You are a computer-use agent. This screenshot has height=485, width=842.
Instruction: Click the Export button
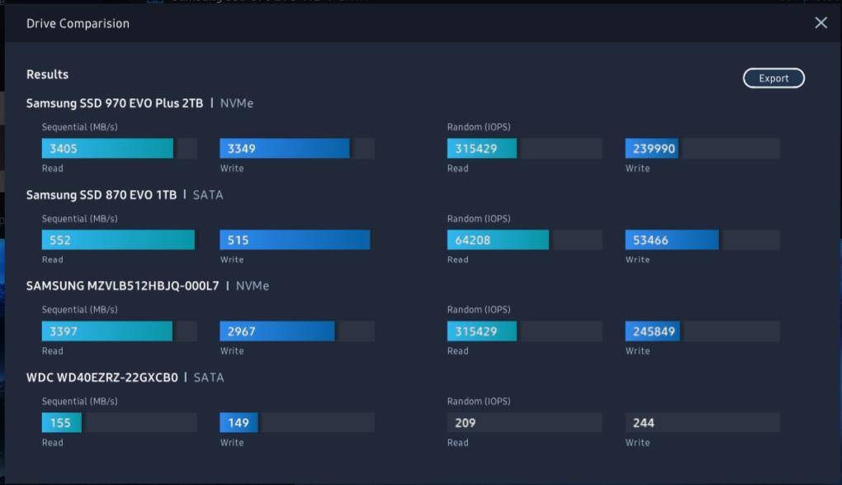773,78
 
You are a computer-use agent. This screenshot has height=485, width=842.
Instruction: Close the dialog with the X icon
821,23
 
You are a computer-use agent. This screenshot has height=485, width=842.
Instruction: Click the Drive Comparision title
78,24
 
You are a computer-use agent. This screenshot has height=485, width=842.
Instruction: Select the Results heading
47,74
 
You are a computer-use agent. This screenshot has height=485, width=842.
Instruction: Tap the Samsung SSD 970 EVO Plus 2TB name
115,103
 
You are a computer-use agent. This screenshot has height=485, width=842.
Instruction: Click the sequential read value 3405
64,149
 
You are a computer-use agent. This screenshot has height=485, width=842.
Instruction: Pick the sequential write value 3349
241,149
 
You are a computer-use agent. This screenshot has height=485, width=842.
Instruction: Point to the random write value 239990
654,149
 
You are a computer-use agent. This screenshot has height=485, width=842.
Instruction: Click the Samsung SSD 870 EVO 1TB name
102,195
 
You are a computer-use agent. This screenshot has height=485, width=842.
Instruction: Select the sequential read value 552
60,240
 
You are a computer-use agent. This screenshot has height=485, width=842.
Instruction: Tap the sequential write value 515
238,240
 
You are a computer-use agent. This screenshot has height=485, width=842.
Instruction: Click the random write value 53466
650,240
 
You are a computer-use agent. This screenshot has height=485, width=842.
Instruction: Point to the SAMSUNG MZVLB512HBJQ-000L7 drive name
123,286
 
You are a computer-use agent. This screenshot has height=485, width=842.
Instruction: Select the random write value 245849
654,331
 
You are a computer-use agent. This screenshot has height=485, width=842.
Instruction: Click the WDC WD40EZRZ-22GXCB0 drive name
102,378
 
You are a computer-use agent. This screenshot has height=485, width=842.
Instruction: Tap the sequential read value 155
60,423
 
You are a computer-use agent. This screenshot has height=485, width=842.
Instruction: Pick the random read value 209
466,423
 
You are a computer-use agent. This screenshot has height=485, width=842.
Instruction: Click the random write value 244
644,423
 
